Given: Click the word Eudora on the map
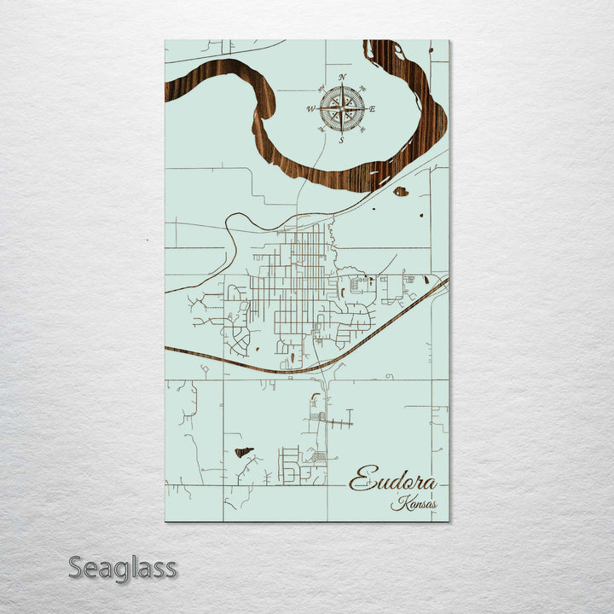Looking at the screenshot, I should point(393,481).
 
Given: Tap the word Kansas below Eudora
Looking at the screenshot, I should point(414,504).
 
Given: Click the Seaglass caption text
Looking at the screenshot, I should point(122,568).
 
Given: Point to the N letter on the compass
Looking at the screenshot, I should point(342,78).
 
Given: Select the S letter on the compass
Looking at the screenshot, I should point(341,141).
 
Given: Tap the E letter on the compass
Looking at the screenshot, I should point(373,108).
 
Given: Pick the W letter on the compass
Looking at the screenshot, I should point(311,109).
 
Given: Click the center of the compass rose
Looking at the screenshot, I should point(342,108).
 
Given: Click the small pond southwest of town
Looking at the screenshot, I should point(243,451).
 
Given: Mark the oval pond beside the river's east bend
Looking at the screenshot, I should point(400,191).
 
